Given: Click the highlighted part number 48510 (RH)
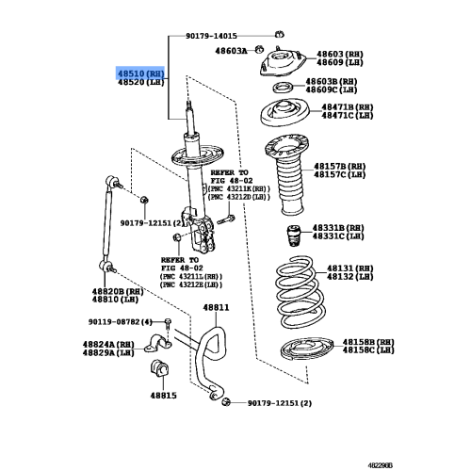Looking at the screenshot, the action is (140, 74).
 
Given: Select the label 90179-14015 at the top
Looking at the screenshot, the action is (211, 36).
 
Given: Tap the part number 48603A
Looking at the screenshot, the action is (231, 51).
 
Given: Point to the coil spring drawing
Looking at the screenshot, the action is (300, 292).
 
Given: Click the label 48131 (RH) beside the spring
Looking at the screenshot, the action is (350, 268).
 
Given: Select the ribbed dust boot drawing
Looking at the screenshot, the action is (287, 174).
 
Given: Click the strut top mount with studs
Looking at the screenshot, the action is (283, 64).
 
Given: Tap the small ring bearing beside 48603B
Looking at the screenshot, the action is (283, 88).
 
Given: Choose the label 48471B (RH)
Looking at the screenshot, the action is (348, 107).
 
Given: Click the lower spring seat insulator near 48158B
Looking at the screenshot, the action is (307, 349).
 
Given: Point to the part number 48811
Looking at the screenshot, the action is (216, 307).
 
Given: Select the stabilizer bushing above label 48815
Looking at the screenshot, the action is (160, 368).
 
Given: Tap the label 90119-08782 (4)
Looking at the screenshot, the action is (121, 322).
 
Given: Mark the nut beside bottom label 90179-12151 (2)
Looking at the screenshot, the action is (226, 402).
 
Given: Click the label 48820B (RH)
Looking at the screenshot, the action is (118, 292).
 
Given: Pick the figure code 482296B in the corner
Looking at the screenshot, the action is (380, 465).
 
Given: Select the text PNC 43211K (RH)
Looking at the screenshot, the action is (239, 189).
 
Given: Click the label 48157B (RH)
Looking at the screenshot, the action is (340, 167).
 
